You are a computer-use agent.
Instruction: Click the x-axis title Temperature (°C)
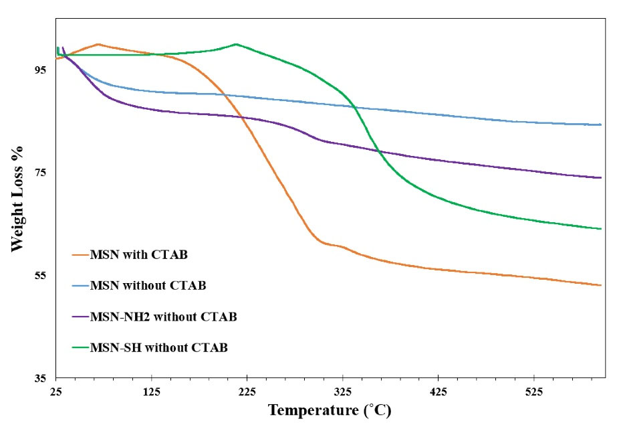click(x=330, y=410)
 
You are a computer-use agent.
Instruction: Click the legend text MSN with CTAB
click(x=139, y=254)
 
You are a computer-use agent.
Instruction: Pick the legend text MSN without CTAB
click(x=148, y=286)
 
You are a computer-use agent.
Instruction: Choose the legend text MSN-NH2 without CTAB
click(x=163, y=317)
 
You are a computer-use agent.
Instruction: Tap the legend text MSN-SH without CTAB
click(x=158, y=348)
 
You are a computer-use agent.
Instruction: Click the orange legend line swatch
click(x=80, y=254)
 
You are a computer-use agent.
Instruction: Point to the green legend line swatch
click(x=80, y=348)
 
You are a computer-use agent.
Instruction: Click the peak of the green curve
click(x=236, y=44)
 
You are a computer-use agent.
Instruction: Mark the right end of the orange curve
click(x=602, y=286)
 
